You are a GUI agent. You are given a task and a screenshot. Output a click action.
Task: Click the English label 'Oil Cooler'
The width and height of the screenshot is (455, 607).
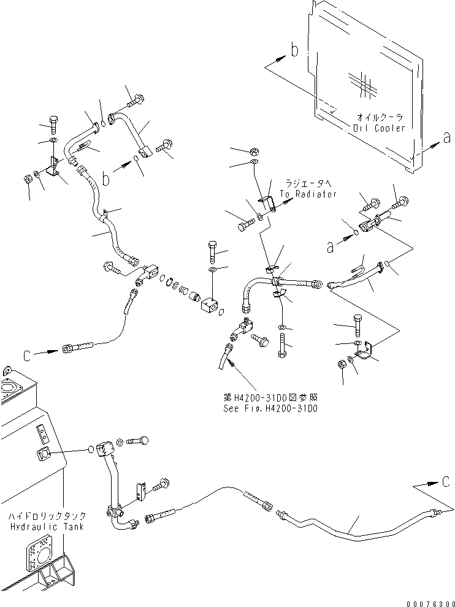379,128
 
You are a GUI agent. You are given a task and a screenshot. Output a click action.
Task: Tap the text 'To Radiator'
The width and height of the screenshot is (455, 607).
308,194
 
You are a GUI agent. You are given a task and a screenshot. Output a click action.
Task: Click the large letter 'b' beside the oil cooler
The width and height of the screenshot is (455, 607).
294,51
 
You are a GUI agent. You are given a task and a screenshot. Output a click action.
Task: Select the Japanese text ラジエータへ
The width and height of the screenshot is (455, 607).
308,183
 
